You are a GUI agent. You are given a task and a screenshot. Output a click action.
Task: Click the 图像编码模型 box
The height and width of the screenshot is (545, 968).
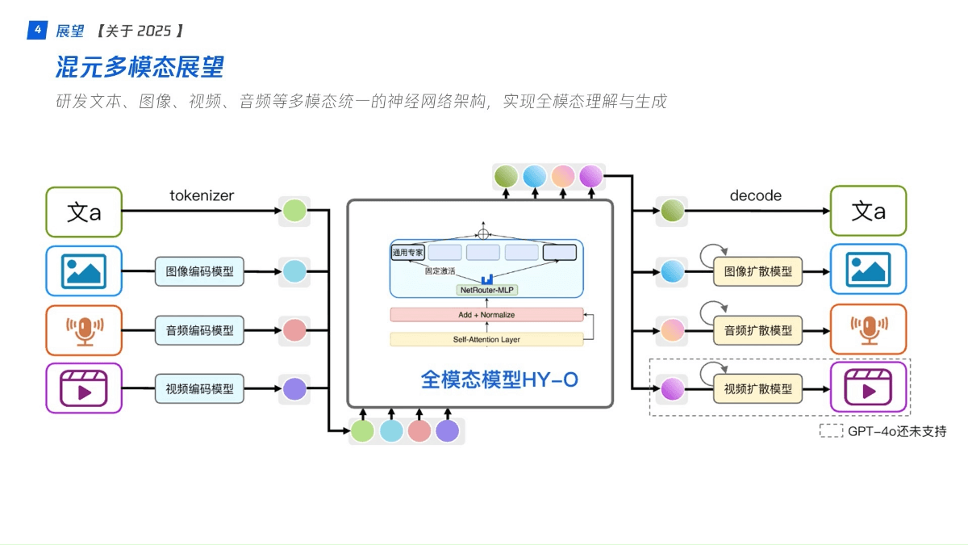199,271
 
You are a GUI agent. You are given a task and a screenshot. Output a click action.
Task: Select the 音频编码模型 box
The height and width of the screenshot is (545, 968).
199,330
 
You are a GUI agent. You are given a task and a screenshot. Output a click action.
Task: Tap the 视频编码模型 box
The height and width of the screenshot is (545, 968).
199,389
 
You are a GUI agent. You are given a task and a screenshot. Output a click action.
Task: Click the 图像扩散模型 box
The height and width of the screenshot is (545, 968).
757,271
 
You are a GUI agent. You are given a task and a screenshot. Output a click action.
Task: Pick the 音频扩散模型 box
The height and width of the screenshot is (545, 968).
757,330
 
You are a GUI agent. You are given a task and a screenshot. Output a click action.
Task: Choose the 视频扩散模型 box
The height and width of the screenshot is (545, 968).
757,389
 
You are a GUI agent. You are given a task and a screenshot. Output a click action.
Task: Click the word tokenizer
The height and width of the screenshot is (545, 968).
202,196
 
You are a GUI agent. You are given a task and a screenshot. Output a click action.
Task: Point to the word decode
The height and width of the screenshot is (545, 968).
755,196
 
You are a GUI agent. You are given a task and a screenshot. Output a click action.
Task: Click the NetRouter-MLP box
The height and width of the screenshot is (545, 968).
486,290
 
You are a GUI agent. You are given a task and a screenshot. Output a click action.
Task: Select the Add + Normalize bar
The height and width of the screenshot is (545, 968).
486,315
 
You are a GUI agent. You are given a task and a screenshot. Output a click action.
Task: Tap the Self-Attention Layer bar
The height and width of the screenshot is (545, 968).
486,339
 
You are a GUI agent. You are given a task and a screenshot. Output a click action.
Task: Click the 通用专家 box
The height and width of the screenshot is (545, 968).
407,253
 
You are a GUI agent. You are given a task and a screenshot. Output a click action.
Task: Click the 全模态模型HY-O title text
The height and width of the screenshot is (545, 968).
499,379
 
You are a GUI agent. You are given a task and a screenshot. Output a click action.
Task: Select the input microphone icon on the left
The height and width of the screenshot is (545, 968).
84,329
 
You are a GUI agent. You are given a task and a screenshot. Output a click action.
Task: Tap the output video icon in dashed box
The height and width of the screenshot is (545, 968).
868,388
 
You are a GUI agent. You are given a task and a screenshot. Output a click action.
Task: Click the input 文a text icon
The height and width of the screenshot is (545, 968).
84,212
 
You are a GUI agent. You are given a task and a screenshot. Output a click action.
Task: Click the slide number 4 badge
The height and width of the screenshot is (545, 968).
37,31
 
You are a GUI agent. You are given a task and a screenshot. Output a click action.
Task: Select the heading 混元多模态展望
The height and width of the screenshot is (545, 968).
140,66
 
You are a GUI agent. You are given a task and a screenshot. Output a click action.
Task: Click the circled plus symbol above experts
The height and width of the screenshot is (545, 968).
483,234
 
